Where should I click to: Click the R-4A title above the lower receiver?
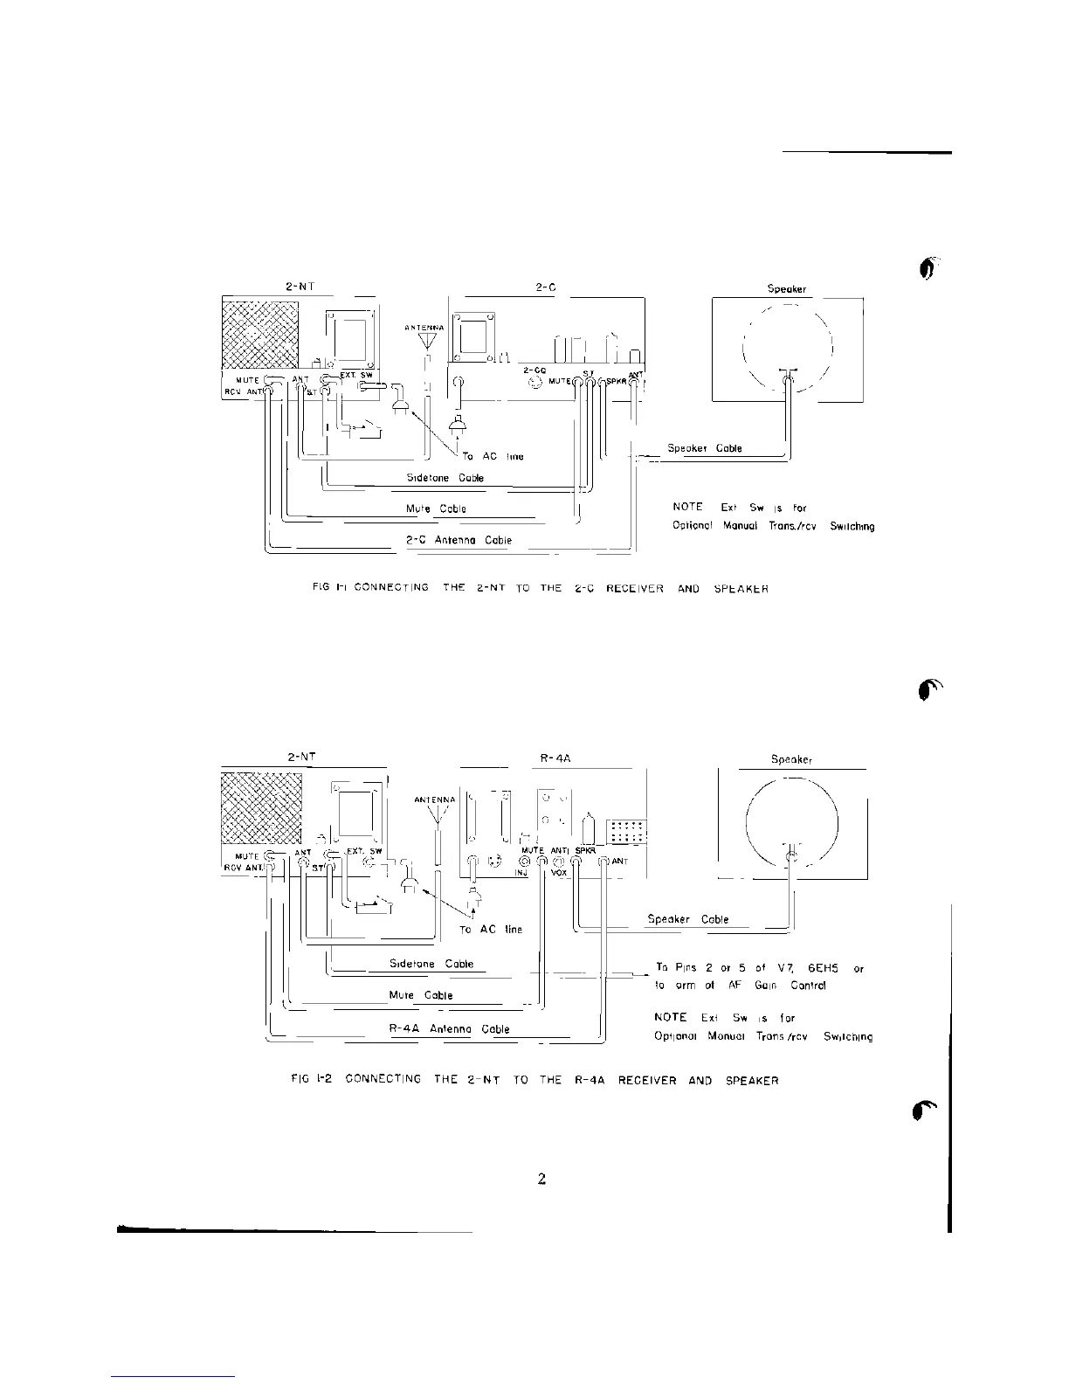[556, 758]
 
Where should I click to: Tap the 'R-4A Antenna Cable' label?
[449, 1028]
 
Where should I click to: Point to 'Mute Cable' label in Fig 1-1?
[436, 509]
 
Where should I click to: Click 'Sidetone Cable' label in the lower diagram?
[431, 964]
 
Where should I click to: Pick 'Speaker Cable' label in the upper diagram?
[705, 448]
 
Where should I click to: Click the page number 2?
[541, 1180]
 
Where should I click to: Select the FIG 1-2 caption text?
[534, 1081]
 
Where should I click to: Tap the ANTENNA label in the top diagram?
[425, 328]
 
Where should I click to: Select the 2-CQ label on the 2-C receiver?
[534, 370]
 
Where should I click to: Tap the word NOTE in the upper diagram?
[687, 507]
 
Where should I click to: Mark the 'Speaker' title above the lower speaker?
[791, 759]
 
